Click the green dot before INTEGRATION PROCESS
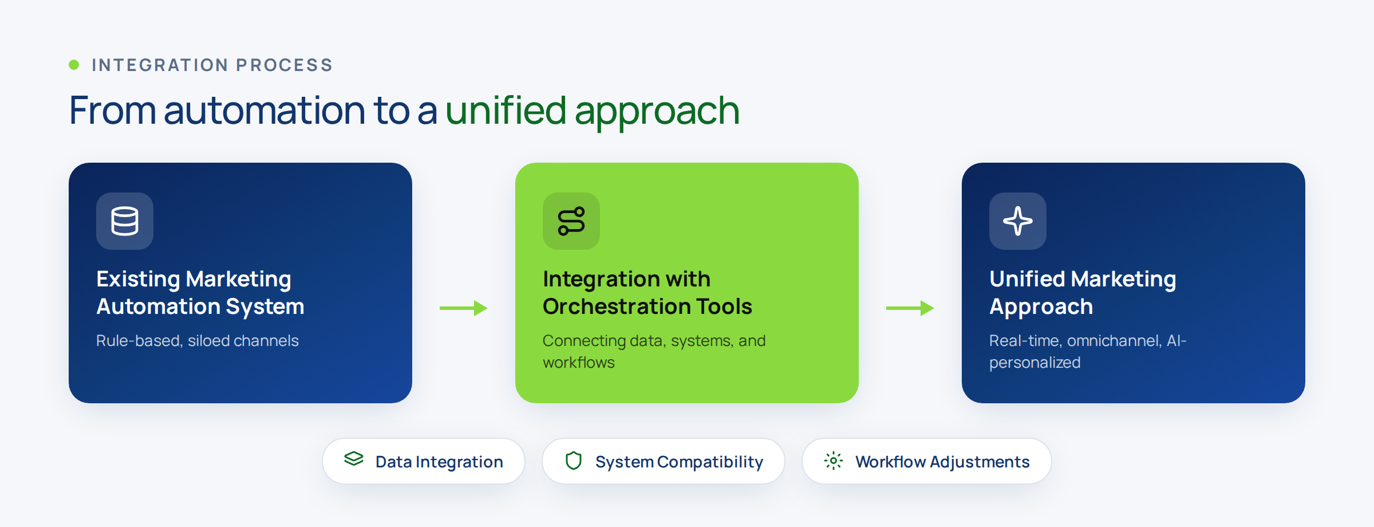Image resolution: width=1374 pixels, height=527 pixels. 74,65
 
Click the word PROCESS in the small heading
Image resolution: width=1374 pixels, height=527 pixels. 285,65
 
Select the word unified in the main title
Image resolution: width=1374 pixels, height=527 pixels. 506,110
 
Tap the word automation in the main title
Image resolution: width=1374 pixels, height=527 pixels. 264,110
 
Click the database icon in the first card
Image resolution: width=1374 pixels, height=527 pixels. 125,221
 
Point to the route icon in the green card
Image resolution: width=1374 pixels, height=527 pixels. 571,221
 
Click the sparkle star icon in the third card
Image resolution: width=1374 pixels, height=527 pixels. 1018,221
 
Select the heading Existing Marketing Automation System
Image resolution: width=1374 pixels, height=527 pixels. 200,293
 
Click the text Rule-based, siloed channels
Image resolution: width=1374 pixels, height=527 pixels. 198,341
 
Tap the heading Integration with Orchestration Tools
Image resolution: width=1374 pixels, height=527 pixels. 647,293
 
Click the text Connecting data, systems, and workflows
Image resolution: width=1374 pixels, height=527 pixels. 654,352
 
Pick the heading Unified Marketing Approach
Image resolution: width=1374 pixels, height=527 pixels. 1083,293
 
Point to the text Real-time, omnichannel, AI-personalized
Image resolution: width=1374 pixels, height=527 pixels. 1088,352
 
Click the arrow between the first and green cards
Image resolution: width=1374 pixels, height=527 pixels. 464,308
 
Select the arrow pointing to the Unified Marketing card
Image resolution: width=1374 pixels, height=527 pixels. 910,308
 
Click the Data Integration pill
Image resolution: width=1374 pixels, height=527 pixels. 424,461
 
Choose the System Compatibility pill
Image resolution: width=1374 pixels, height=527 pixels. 664,461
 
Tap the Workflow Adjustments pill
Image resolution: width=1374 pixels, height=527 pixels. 927,461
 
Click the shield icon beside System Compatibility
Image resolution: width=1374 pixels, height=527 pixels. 574,461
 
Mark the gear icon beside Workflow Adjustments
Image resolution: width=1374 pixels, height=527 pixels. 834,461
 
